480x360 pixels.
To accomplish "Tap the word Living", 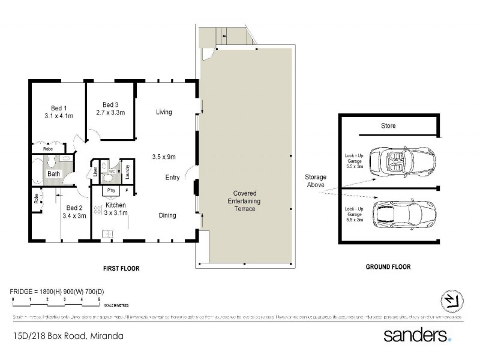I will (x=164, y=112).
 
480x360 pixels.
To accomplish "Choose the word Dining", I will (x=167, y=215).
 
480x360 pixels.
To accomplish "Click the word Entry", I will (x=173, y=177).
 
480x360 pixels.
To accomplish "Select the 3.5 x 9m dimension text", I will (x=163, y=157).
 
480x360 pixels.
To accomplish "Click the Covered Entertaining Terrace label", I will (x=244, y=201).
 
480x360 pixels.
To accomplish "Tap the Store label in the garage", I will (x=388, y=126).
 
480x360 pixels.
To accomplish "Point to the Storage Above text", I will (x=316, y=181).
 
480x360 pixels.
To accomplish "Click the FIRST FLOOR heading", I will (x=121, y=268).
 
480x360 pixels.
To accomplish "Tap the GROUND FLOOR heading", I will (x=389, y=267).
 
